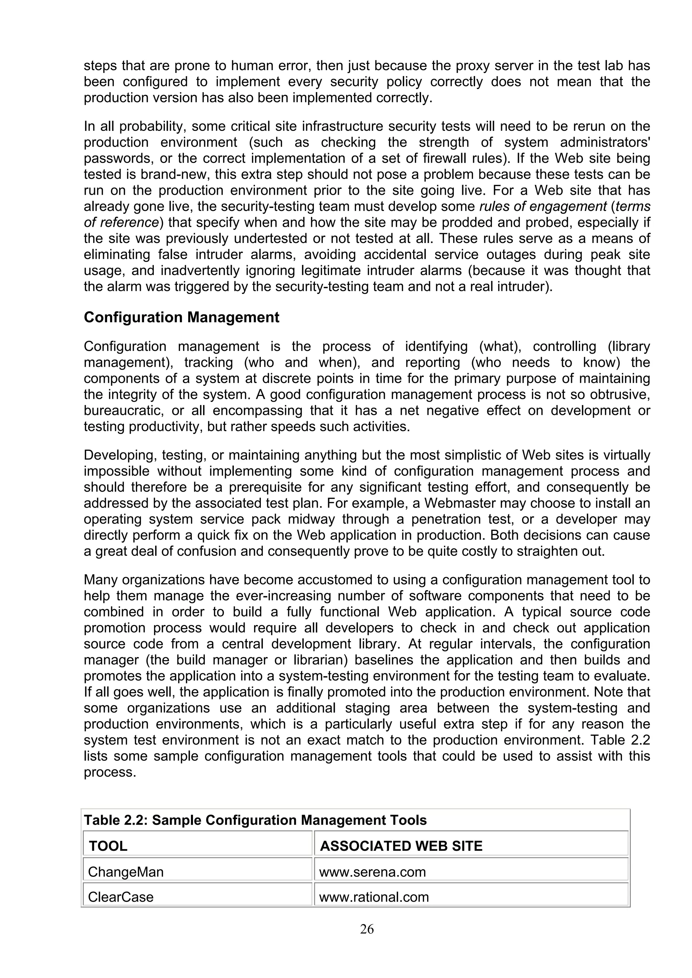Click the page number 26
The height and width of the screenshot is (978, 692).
(367, 929)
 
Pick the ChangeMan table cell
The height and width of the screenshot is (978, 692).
(126, 872)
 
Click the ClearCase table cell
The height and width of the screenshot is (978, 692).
(121, 897)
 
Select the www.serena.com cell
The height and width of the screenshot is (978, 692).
(372, 872)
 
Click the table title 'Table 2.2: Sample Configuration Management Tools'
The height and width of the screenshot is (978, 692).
(255, 820)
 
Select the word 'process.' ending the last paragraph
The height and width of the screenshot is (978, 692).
(109, 772)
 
